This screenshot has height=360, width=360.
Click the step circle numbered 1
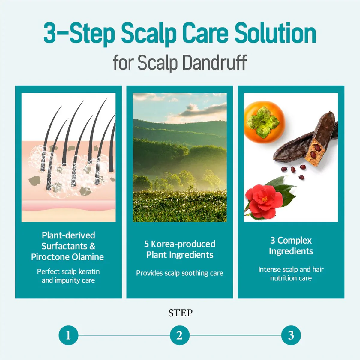coord(68,335)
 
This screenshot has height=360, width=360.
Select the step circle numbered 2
coord(180,335)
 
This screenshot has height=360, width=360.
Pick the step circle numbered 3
coord(291,335)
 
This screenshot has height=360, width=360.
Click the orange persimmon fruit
coord(265,122)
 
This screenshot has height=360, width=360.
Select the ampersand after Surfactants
coord(92,246)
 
